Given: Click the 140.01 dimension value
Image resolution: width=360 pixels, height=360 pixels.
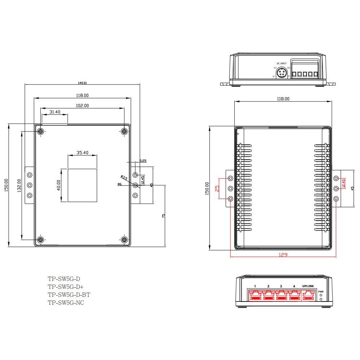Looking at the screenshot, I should (82, 83).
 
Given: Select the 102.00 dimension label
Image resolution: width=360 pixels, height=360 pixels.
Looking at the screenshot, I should (82, 106).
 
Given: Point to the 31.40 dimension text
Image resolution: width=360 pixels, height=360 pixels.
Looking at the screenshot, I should (55, 112).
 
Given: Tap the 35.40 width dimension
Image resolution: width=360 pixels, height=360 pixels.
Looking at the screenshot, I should (82, 153).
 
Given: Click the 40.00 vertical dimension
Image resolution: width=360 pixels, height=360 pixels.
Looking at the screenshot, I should (58, 185).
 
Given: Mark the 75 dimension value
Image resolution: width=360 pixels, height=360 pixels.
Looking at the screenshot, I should (163, 216).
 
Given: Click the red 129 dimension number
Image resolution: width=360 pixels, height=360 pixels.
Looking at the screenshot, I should (283, 255).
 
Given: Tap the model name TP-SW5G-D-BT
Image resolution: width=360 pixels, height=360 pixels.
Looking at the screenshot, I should (69, 295).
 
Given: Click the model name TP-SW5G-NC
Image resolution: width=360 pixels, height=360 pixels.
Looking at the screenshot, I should (66, 303).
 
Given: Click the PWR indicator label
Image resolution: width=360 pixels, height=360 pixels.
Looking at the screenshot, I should (321, 291).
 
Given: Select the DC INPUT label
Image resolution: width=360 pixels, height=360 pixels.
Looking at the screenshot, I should (281, 63).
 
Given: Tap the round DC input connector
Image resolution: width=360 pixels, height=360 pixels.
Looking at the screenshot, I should (281, 73).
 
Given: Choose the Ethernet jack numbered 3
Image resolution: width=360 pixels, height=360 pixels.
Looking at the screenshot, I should (281, 296).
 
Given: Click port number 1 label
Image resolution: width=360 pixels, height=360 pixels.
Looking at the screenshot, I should (255, 286).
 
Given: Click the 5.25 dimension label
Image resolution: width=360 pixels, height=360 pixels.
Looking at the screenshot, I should (143, 161).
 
